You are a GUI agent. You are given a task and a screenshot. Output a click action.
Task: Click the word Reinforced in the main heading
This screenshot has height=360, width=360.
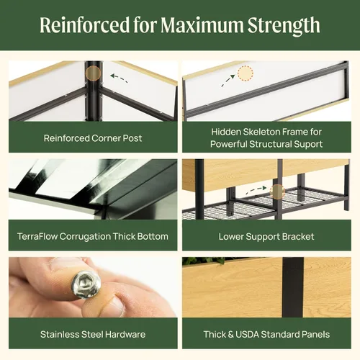click(x=85, y=25)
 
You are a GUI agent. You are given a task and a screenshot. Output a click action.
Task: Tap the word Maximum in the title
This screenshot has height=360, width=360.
click(x=202, y=25)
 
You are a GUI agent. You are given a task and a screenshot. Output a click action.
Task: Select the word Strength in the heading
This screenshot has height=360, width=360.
click(x=284, y=26)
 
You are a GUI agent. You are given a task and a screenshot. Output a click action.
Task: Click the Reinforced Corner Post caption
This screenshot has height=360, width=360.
click(x=93, y=138)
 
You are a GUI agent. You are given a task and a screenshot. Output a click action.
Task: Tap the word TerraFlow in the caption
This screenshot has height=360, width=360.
click(x=37, y=236)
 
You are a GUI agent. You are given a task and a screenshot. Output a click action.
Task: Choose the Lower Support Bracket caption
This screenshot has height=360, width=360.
click(x=266, y=237)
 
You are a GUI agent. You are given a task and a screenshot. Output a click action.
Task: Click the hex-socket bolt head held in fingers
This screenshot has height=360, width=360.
click(x=86, y=284)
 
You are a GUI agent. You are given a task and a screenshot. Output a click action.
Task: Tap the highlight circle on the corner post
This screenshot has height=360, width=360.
click(x=93, y=73)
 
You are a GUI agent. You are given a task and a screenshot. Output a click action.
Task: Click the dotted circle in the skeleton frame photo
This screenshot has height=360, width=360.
click(x=246, y=73)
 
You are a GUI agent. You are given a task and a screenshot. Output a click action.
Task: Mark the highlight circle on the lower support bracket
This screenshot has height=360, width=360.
click(x=277, y=192)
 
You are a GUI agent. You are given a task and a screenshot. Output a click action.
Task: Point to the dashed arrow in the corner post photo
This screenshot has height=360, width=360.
click(x=119, y=78)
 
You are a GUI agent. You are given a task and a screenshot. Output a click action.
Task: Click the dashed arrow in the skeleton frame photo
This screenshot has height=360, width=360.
click(x=228, y=81)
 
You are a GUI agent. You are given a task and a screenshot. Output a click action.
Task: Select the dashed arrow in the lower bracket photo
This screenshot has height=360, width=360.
click(x=256, y=189)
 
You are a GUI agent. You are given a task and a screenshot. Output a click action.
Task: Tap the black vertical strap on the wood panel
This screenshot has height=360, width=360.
click(x=293, y=287)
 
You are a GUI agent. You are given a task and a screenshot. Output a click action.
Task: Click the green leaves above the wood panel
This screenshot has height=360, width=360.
click(x=204, y=261)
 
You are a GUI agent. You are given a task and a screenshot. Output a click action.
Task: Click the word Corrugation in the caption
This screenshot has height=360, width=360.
click(x=85, y=237)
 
